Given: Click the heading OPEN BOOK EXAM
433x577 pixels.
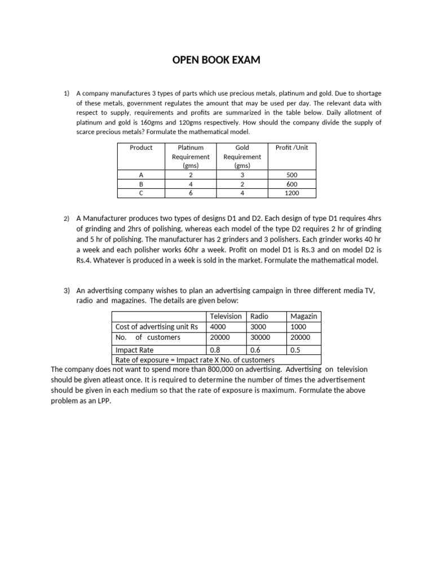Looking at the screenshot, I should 216,60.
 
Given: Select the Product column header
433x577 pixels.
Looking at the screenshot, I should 141,148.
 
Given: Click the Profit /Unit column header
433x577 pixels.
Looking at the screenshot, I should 291,148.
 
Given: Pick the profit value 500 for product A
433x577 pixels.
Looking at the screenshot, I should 291,175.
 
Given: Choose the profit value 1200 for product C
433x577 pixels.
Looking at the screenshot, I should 291,193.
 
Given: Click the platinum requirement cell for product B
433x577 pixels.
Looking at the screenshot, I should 190,184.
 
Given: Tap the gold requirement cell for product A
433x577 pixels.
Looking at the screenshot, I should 242,175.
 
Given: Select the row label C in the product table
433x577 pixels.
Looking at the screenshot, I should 141,193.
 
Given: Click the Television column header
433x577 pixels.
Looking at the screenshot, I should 226,316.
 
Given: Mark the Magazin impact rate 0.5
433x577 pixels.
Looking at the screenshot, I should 295,350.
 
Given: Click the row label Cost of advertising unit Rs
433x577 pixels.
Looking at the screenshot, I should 157,326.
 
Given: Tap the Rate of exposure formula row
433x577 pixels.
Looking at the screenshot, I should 195,360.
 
